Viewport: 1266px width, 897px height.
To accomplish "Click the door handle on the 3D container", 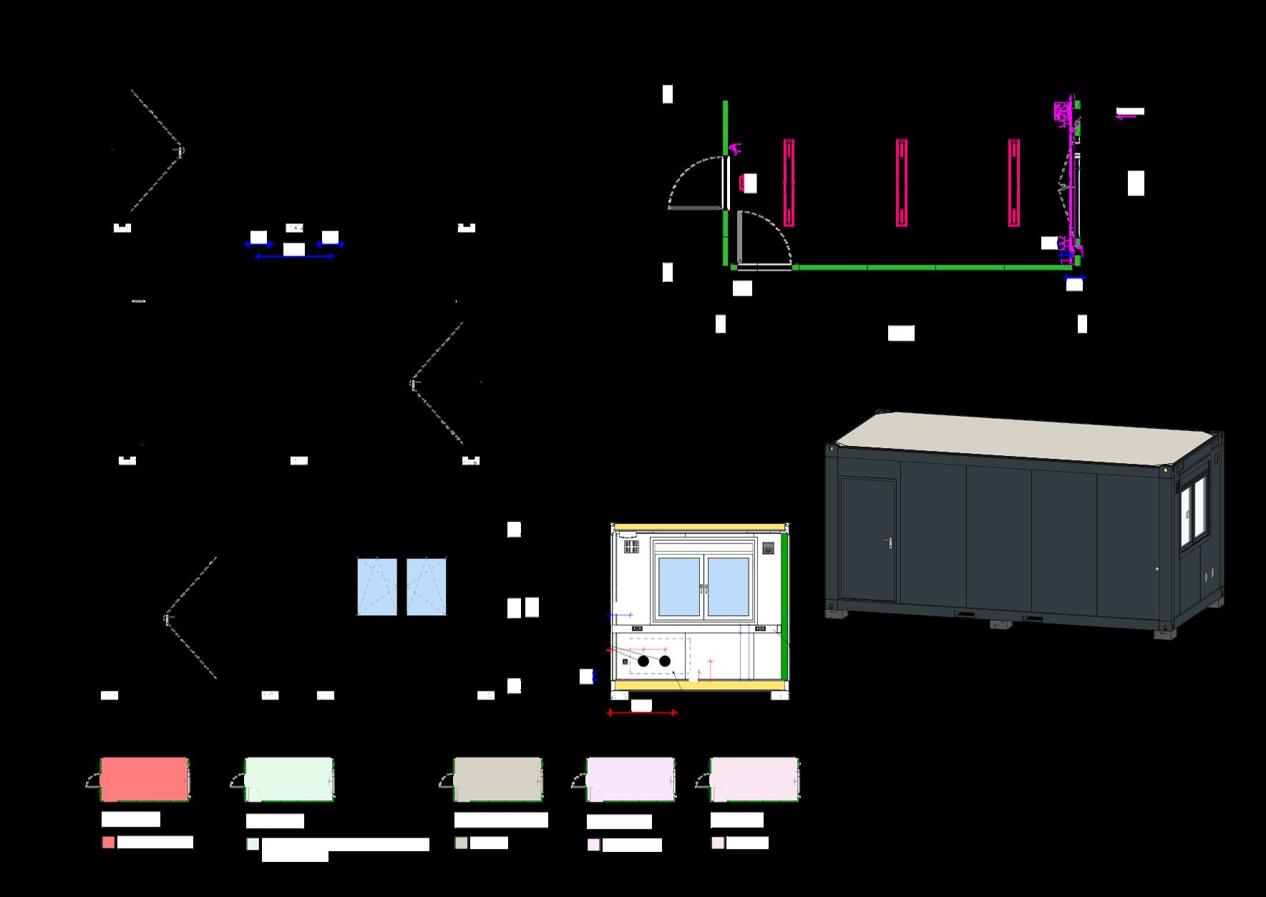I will [x=889, y=543].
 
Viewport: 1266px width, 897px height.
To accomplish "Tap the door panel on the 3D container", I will [x=869, y=540].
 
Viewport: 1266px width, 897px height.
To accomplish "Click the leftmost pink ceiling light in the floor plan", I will [x=789, y=183].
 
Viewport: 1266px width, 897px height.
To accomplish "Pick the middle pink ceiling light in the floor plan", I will [x=902, y=183].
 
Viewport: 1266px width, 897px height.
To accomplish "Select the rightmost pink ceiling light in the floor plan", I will [x=1014, y=183].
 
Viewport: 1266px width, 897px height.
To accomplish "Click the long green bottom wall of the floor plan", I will [x=930, y=268].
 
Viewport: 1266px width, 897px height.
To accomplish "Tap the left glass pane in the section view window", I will [x=678, y=586].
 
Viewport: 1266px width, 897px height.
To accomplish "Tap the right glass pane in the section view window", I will [x=728, y=586].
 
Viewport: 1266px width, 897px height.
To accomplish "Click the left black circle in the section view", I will [x=643, y=661].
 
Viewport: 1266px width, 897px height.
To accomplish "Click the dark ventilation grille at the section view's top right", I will [x=768, y=549].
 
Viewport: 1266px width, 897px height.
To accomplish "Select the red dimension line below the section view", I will [x=642, y=713].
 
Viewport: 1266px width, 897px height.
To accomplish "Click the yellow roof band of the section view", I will [x=698, y=526].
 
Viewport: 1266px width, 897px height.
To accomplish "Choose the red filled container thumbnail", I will [x=145, y=779].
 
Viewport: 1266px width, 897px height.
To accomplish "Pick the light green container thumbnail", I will [x=288, y=779].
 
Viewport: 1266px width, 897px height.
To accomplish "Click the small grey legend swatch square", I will [x=461, y=843].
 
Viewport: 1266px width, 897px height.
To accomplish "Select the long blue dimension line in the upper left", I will [x=294, y=256].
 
